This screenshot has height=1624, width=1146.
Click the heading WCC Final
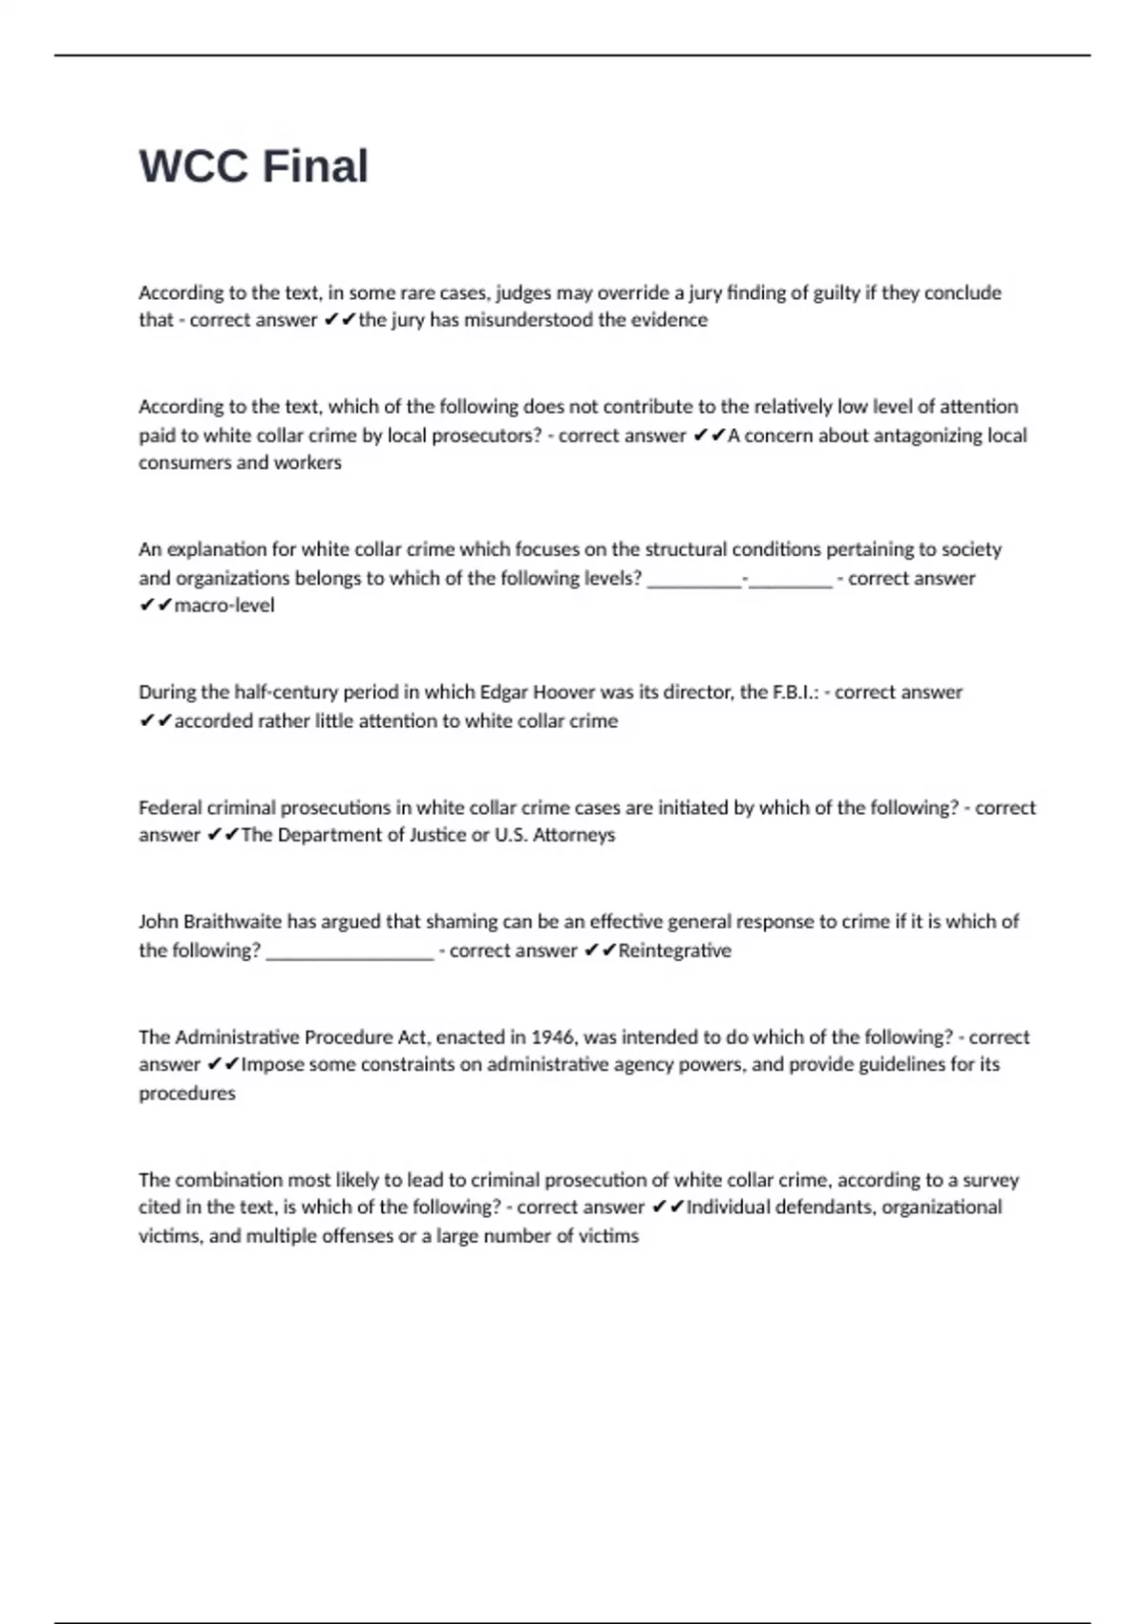click(x=253, y=166)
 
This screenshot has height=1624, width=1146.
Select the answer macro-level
click(x=224, y=606)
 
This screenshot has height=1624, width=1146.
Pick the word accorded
click(x=209, y=721)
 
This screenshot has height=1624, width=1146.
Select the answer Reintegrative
click(x=674, y=951)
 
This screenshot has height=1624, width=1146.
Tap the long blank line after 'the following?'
click(x=350, y=952)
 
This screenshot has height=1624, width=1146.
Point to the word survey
click(x=990, y=1180)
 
